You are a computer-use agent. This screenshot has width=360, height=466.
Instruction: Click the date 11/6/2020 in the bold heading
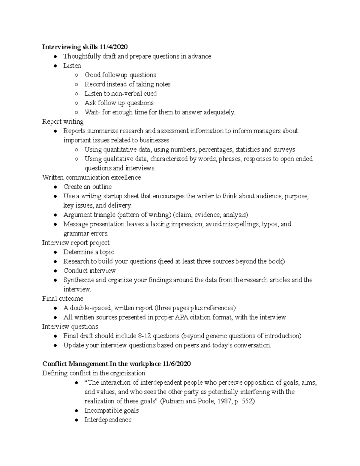[x=176, y=364]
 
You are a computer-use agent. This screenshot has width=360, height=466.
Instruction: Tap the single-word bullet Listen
[x=72, y=65]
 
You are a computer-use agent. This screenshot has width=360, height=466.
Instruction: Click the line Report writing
[x=63, y=122]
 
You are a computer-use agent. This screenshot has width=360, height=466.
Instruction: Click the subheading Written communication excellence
[x=91, y=177]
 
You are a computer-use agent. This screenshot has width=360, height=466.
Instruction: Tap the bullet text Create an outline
[x=87, y=187]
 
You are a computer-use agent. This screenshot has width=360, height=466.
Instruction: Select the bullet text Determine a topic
[x=88, y=252]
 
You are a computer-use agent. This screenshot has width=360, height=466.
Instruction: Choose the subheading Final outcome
[x=63, y=299]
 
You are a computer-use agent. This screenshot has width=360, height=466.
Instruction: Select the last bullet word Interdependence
[x=108, y=420]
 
